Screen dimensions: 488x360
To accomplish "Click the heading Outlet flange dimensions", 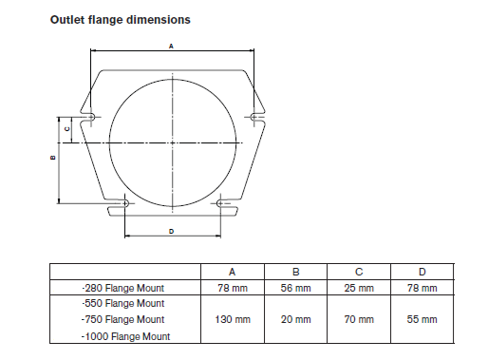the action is point(121,20).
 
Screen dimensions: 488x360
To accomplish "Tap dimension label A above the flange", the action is point(171,47).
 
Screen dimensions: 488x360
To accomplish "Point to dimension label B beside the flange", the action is point(53,158).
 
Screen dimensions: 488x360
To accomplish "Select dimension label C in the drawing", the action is point(67,129).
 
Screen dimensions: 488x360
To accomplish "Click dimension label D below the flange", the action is point(172,232).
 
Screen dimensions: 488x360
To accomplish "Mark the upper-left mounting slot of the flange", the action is point(90,117).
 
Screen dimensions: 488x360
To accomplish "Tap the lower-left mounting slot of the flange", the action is point(124,203).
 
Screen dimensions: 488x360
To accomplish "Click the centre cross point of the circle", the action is point(173,143).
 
